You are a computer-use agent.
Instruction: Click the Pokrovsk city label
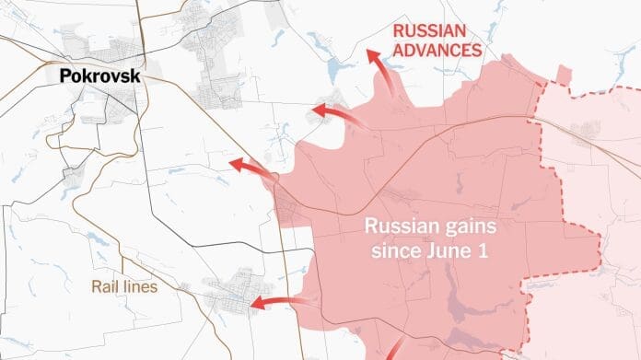point(100,76)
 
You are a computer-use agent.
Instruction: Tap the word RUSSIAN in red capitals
point(427,29)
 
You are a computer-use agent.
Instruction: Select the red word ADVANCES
point(437,50)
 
